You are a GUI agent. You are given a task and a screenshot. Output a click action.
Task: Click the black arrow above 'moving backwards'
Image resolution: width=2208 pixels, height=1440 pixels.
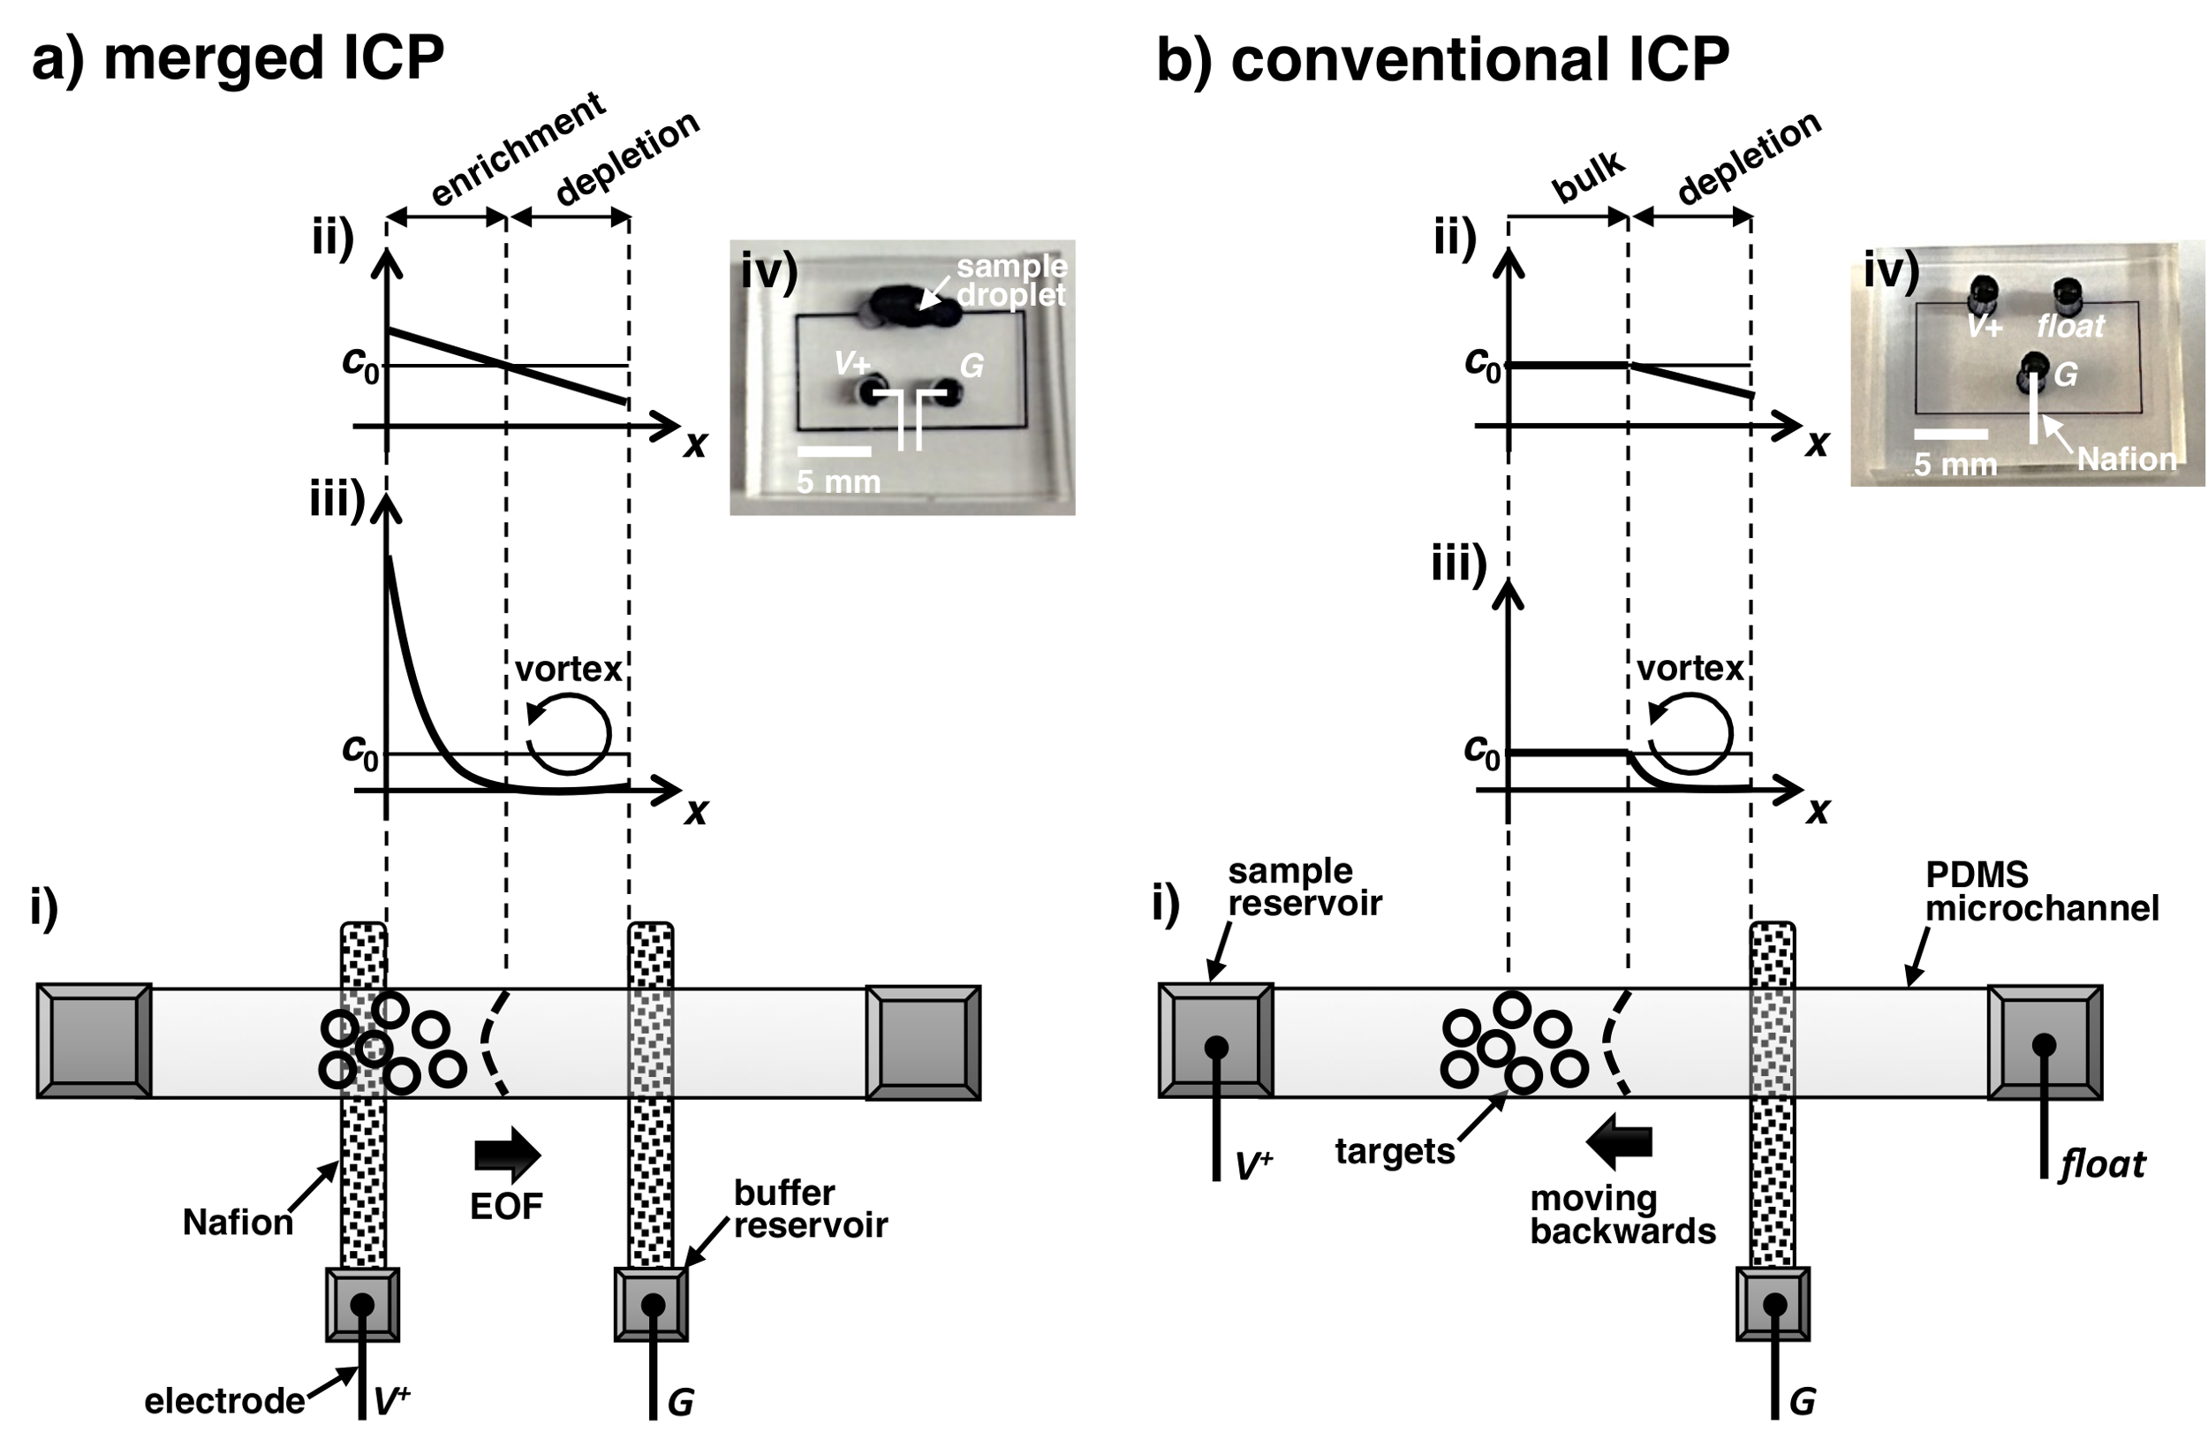coord(1620,1141)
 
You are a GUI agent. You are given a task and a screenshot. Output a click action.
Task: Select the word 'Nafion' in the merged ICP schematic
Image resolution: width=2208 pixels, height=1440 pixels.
coord(238,1223)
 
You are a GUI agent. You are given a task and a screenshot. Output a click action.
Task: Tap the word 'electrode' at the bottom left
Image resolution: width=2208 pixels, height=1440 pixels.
coord(223,1401)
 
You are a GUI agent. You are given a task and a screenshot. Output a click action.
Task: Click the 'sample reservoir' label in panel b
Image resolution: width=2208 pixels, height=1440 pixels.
coord(1304,887)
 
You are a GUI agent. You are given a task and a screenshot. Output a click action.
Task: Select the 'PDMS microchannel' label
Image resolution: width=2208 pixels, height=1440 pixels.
coord(2042,891)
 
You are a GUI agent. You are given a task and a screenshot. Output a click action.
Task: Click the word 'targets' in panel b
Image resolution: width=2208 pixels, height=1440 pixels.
coord(1395,1151)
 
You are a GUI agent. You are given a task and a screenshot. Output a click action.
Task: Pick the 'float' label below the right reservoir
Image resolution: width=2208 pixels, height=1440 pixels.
coord(2102,1164)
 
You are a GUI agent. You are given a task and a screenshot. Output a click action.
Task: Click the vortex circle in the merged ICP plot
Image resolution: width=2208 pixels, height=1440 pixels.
coord(569,733)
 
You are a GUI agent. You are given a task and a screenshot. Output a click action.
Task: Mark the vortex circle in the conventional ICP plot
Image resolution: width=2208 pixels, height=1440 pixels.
coord(1690,733)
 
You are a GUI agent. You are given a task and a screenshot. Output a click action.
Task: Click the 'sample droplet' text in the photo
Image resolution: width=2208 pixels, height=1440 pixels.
coord(1011,280)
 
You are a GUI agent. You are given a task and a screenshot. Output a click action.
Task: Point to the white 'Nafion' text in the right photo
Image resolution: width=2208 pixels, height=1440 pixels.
coord(2126,459)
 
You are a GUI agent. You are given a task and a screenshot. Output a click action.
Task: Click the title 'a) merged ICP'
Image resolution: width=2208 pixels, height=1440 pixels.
coord(238,58)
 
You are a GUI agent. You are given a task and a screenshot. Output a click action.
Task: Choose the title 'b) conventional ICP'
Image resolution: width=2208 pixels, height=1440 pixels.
coord(1442,60)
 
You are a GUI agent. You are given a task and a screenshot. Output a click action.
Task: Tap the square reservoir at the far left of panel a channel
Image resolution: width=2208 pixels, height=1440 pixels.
coord(94,1042)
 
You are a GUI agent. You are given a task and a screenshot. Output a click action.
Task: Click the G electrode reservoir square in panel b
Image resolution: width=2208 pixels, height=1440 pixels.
coord(1773,1305)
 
